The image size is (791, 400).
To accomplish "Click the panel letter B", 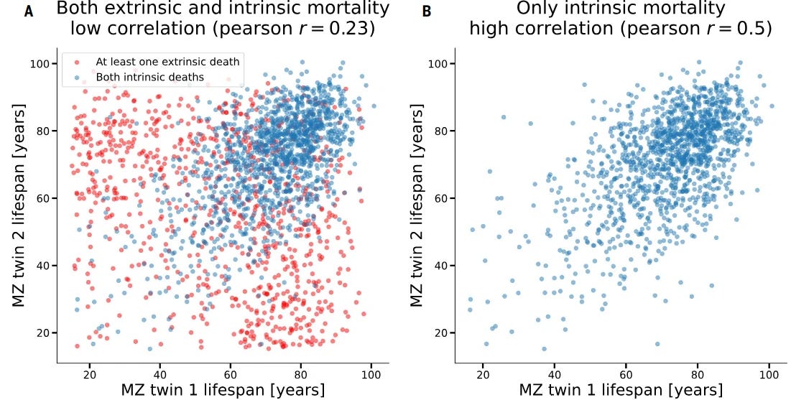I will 427,11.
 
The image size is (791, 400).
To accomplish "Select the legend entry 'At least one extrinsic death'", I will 167,62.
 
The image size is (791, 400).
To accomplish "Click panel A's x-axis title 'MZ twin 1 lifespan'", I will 223,390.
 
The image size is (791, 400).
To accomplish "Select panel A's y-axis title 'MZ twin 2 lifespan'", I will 19,205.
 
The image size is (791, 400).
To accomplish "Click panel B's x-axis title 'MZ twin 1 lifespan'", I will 621,390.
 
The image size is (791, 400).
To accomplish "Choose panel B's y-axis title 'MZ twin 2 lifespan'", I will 417,205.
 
